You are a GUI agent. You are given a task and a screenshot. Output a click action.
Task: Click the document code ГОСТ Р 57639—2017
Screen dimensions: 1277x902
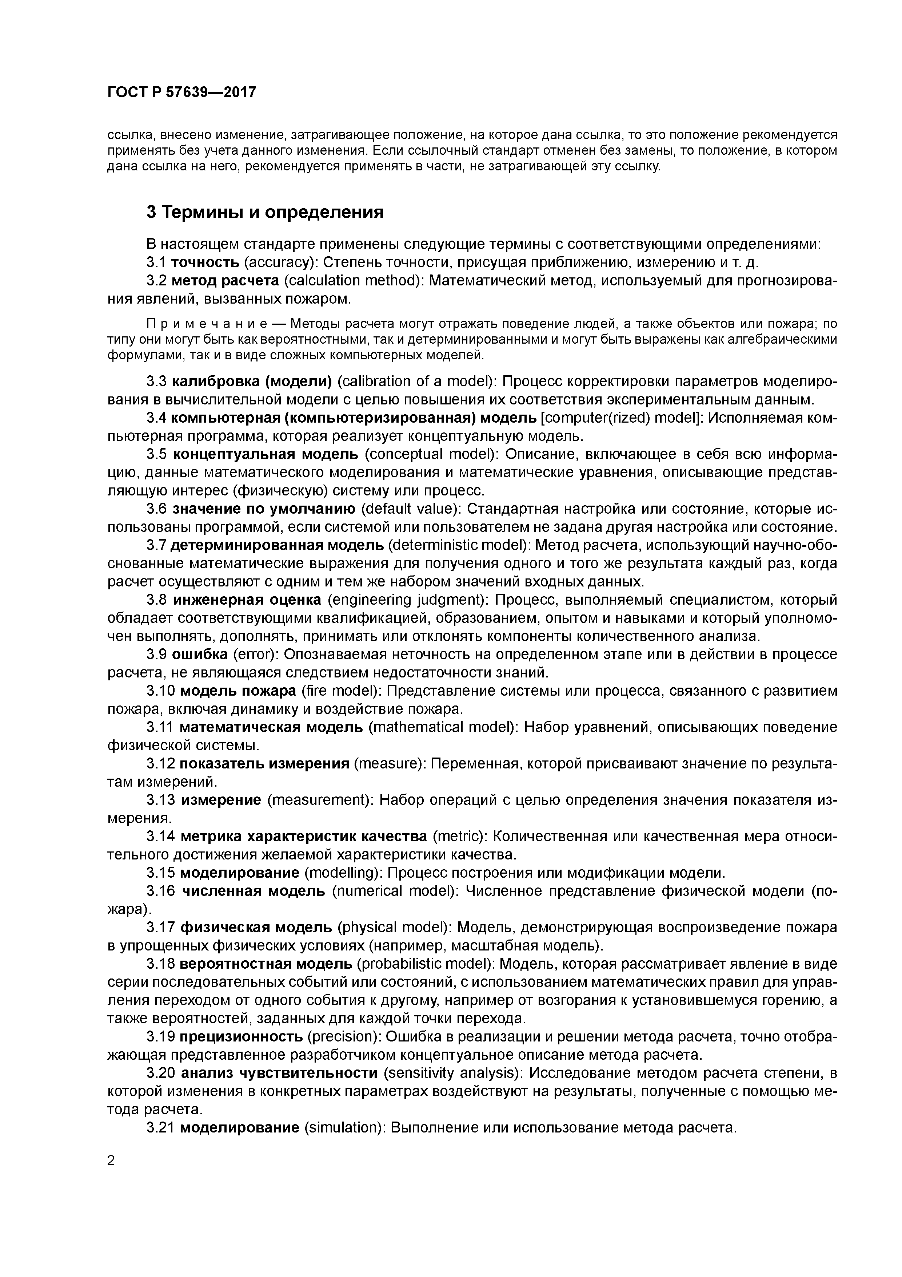pos(182,92)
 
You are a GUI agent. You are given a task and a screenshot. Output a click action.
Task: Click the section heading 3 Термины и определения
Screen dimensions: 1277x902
pos(265,213)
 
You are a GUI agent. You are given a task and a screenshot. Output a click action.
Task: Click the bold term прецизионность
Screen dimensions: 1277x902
pos(241,1037)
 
